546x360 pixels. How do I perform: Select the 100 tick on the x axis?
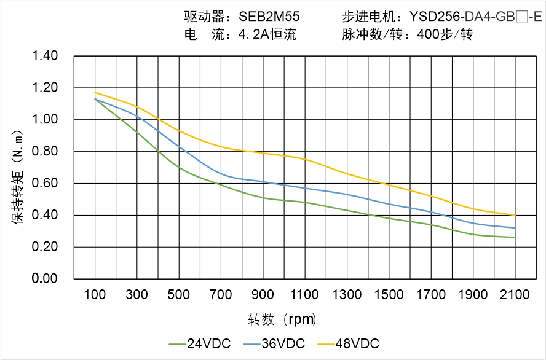pyautogui.click(x=95, y=295)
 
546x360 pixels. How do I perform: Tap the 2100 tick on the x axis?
pyautogui.click(x=515, y=295)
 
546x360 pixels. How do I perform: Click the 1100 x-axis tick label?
pyautogui.click(x=305, y=295)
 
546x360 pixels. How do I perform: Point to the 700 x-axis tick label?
pyautogui.click(x=221, y=295)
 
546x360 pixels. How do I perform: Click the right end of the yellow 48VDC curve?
pyautogui.click(x=515, y=215)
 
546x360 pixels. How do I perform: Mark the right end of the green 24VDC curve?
pyautogui.click(x=515, y=237)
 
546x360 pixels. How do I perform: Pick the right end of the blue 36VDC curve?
pyautogui.click(x=515, y=228)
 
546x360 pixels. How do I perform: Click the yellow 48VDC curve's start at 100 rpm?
pyautogui.click(x=95, y=93)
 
